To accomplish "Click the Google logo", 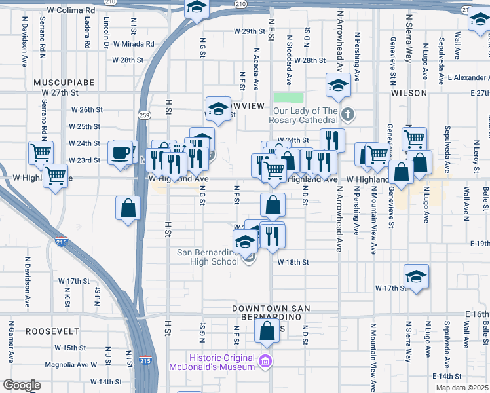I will click(x=21, y=385).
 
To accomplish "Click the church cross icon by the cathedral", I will click(x=349, y=115).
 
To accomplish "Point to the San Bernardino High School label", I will click(x=208, y=257).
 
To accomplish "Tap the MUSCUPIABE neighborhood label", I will click(x=65, y=83).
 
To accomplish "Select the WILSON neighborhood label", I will click(x=409, y=94).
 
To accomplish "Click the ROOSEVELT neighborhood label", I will click(x=52, y=331).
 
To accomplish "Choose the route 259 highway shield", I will click(x=143, y=115).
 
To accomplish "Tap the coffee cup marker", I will click(x=119, y=154).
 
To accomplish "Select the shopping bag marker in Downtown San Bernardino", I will click(x=267, y=331).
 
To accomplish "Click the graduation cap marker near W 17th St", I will click(x=416, y=277).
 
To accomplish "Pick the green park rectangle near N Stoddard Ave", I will click(x=293, y=97).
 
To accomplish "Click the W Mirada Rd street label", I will click(x=134, y=44).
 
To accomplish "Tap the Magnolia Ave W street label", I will click(x=71, y=365).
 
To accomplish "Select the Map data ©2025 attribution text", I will click(x=462, y=388).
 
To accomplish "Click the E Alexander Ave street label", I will click(x=468, y=77).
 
